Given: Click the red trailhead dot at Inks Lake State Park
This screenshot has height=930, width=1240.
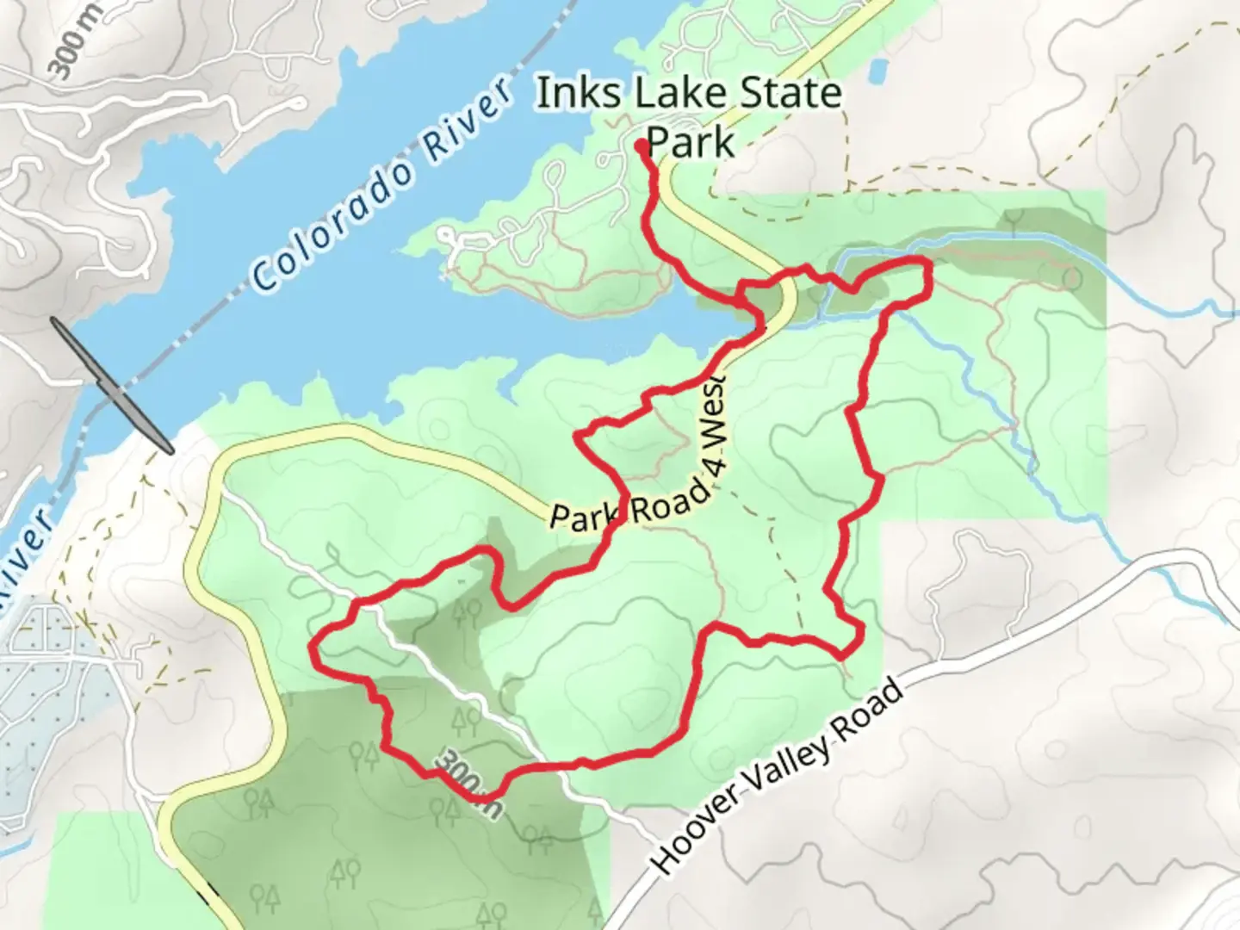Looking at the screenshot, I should click(x=642, y=146).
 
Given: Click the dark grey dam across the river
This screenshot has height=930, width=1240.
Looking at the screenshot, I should click(x=112, y=384).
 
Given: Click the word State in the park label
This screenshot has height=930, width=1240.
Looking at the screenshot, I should click(x=790, y=94).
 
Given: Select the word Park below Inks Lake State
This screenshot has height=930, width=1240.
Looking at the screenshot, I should click(x=690, y=142).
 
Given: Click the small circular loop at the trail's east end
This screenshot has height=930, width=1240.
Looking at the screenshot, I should click(x=1071, y=277).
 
